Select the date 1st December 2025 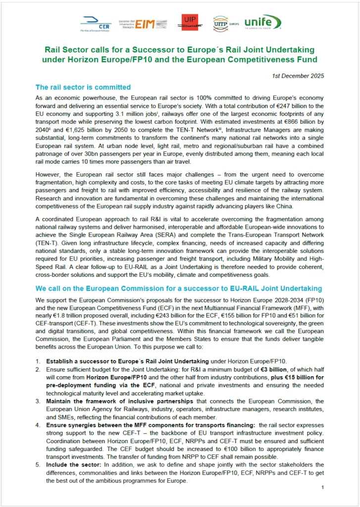tap(298, 76)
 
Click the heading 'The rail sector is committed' tap(83, 88)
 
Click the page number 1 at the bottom tap(322, 488)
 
